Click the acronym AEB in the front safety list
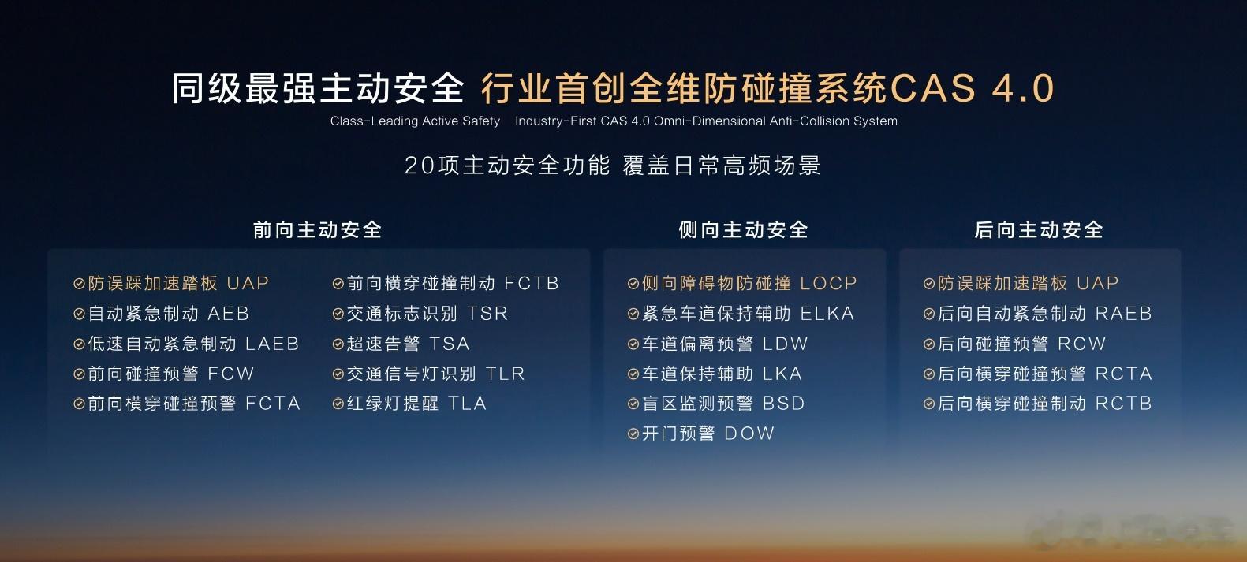tap(228, 313)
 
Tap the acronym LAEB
tap(272, 344)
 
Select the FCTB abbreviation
tap(532, 283)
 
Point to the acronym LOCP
tap(828, 283)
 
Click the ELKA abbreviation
tap(827, 313)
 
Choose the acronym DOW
tap(749, 433)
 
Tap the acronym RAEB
tap(1123, 313)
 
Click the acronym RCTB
tap(1123, 404)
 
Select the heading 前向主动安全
tap(317, 229)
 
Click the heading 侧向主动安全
tap(743, 229)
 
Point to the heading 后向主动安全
tap(1039, 229)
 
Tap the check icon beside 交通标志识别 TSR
tap(338, 314)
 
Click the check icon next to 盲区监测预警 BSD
tap(633, 404)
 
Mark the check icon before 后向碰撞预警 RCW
tap(928, 344)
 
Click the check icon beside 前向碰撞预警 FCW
tap(79, 374)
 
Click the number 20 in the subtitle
tap(420, 166)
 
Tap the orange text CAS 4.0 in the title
tap(972, 88)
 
